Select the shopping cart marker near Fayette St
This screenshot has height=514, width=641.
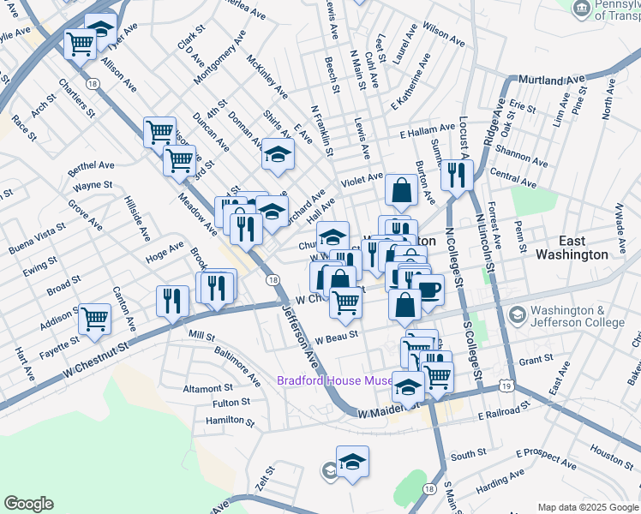[94, 320]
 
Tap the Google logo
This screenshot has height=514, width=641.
[28, 504]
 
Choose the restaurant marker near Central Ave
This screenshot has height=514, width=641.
[456, 176]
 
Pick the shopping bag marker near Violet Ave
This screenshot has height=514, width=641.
[401, 191]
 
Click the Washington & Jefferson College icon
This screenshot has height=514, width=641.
[517, 315]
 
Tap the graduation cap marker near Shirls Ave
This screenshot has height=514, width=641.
[277, 155]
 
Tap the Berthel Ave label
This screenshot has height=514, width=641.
[93, 165]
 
